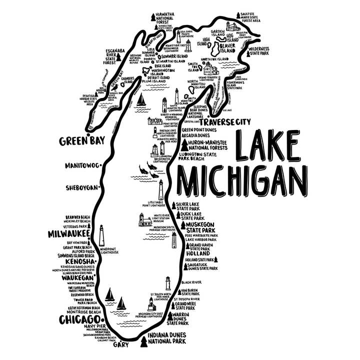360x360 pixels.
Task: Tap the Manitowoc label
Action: click(82, 165)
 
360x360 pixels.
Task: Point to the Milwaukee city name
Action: click(68, 233)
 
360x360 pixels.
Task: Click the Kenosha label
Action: click(75, 261)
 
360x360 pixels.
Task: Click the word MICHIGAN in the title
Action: click(242, 182)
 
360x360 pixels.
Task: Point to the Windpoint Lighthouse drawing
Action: click(101, 235)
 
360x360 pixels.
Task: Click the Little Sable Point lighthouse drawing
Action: click(161, 190)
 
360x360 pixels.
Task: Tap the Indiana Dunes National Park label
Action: click(167, 338)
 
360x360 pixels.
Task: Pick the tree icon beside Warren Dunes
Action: click(170, 316)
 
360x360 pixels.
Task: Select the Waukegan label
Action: click(76, 277)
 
